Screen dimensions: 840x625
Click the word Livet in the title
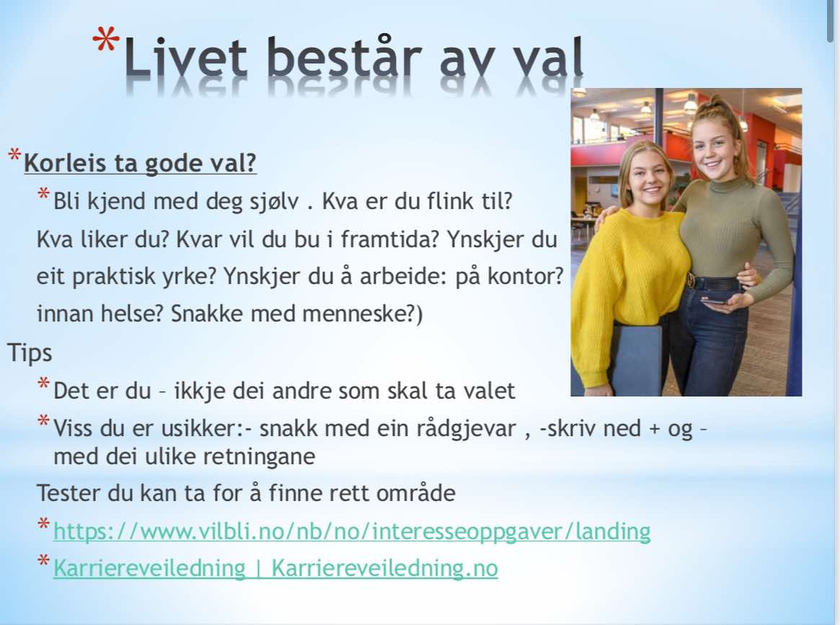(x=185, y=57)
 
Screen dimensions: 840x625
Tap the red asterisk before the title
(x=106, y=41)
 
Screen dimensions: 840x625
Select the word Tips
(x=30, y=353)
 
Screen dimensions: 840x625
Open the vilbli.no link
(x=352, y=531)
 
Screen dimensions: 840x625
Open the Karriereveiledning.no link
(x=276, y=568)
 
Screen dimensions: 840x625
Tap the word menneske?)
(x=363, y=314)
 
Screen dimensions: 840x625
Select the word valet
(x=488, y=391)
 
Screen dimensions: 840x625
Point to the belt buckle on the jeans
(x=691, y=279)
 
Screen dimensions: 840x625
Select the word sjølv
(x=274, y=202)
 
